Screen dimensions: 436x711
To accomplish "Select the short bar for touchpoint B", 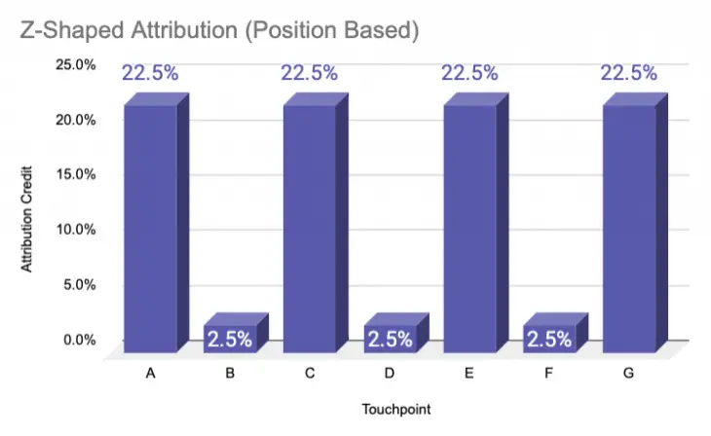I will (x=230, y=338).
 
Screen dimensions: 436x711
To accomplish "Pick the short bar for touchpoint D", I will (x=390, y=338).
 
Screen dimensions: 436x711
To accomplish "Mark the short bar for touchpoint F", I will (x=549, y=338).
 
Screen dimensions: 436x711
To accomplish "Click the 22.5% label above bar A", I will (x=150, y=73).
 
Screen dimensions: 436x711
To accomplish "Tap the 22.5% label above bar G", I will (x=629, y=73).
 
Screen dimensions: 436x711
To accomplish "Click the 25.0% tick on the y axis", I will (x=74, y=65).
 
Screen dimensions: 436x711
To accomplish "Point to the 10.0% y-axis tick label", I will (x=74, y=230).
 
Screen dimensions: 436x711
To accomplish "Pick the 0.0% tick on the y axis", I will (x=78, y=340).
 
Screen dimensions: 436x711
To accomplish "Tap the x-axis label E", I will (x=469, y=373).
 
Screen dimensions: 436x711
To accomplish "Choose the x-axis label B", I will (x=230, y=373).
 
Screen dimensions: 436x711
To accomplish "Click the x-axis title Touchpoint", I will (x=389, y=410).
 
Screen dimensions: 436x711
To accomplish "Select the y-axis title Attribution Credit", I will (x=27, y=213).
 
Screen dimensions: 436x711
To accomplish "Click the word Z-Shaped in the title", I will (x=66, y=31).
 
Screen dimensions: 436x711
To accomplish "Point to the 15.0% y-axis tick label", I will (x=74, y=175).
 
